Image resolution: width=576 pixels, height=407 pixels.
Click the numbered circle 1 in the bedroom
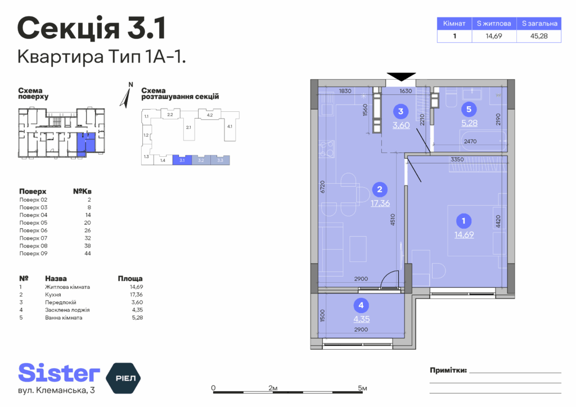(463, 221)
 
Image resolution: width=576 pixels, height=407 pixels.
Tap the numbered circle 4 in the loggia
(361, 305)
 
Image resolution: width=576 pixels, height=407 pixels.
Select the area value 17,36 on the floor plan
(380, 203)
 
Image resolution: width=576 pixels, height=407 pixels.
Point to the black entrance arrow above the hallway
(401, 76)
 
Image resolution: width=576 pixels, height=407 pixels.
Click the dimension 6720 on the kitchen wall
(322, 187)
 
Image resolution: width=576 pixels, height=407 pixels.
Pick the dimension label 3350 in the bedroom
(457, 159)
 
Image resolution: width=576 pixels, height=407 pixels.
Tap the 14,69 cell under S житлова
(494, 36)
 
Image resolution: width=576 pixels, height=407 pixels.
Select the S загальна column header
(539, 24)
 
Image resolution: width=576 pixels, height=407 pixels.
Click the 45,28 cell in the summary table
(539, 36)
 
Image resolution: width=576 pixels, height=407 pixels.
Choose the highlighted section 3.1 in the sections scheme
(182, 160)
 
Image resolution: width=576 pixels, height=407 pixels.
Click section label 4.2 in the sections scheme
(210, 115)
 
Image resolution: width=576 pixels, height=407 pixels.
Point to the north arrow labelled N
(127, 96)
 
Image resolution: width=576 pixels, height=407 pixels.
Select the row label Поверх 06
(33, 230)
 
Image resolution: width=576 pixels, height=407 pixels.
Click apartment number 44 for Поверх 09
(87, 253)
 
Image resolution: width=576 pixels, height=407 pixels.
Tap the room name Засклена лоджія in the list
(67, 310)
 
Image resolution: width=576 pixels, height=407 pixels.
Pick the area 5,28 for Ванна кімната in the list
(137, 318)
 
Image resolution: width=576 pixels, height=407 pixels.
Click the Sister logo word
(59, 373)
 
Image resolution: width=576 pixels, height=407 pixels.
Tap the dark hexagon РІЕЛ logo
(123, 378)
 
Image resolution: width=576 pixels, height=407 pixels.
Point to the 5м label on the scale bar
(363, 388)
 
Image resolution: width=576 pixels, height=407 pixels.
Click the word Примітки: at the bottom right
(448, 370)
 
